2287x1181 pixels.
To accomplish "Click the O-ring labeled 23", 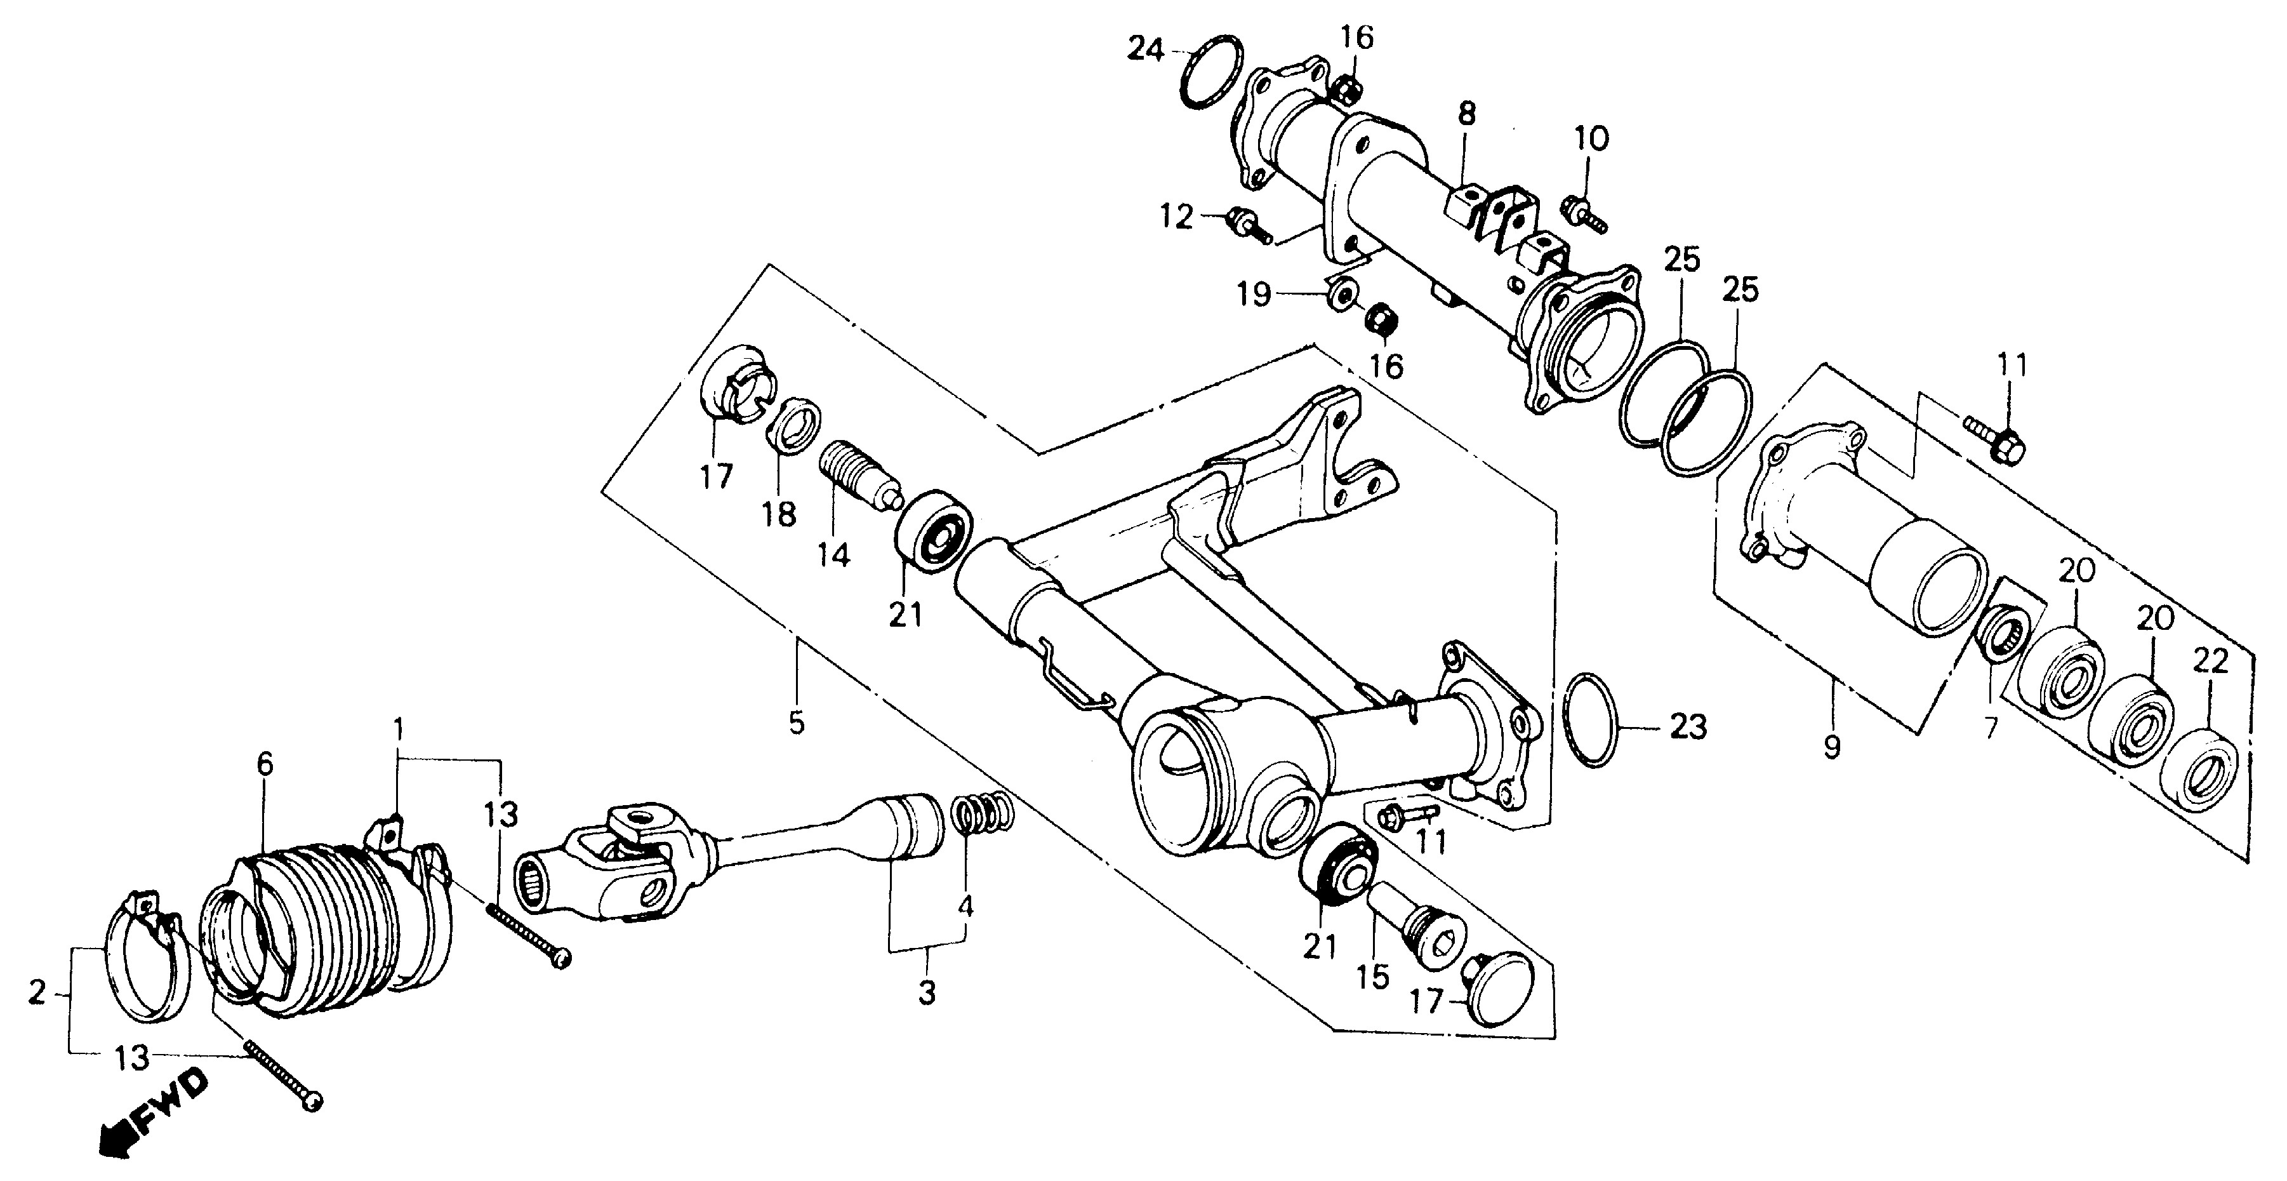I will (x=1594, y=719).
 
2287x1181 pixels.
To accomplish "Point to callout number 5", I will (x=797, y=722).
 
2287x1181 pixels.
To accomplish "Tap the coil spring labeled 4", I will (x=982, y=813).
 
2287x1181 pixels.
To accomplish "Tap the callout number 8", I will (x=1467, y=114).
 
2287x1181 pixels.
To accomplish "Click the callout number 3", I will (x=927, y=992).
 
